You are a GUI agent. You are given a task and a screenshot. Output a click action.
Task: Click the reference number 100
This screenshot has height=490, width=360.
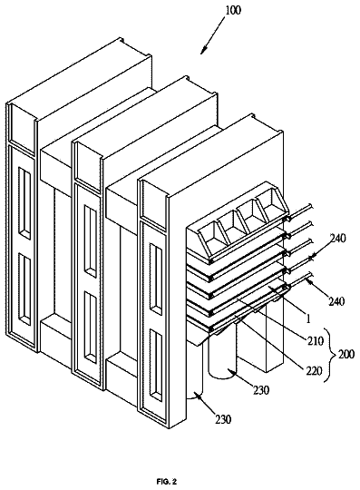pos(233,10)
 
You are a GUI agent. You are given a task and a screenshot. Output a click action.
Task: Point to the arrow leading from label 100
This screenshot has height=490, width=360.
pos(212,34)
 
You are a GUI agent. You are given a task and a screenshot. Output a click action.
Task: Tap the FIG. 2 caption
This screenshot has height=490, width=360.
pos(167,482)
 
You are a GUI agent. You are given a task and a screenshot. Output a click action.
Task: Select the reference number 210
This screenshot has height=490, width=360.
pos(315,340)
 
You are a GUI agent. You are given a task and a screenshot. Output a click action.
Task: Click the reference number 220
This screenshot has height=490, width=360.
pos(314,370)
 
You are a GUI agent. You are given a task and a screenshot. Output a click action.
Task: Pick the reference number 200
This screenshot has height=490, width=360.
pos(345,355)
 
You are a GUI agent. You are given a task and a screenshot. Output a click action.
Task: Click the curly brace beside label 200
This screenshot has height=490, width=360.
pos(328,355)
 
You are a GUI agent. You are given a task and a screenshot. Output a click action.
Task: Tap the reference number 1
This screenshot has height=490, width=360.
pos(307,318)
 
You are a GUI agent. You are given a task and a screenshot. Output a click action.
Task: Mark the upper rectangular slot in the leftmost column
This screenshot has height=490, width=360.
pos(24,203)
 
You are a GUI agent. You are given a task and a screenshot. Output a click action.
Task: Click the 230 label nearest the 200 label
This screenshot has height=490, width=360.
pos(261,390)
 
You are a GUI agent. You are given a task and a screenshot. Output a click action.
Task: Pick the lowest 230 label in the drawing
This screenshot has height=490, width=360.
pos(223,419)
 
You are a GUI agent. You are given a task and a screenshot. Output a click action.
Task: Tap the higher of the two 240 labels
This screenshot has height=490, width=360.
pos(338,239)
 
